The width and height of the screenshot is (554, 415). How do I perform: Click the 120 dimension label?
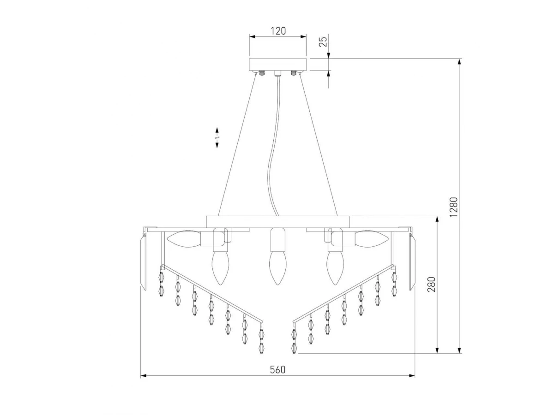(278, 31)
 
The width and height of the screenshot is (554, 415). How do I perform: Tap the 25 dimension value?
(323, 41)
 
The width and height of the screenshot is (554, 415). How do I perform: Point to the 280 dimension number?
(431, 284)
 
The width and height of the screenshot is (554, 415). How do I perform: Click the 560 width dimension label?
(277, 370)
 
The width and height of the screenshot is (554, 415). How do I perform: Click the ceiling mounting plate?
(277, 65)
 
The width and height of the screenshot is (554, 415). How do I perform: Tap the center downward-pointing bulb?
(277, 268)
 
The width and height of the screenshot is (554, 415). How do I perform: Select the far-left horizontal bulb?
(184, 238)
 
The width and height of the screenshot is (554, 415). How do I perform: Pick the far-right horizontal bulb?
(371, 238)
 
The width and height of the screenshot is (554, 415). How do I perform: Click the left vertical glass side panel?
(143, 262)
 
